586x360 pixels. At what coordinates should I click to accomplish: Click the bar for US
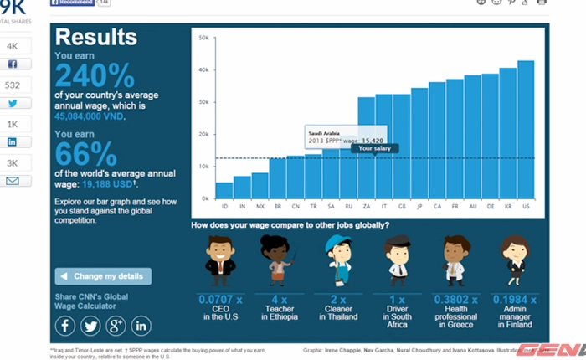[x=526, y=129]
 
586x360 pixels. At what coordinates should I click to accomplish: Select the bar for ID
[x=224, y=190]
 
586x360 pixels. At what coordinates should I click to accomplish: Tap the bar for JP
[x=419, y=142]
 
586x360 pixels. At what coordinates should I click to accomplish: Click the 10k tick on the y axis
[x=203, y=167]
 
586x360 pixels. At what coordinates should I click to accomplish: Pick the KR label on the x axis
[x=508, y=205]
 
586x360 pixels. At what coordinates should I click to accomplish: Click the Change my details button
[x=104, y=276]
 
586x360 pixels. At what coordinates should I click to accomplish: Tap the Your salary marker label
[x=374, y=148]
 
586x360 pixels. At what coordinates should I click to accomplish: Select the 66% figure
[x=85, y=154]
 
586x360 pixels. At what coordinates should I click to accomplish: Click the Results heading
[x=95, y=37]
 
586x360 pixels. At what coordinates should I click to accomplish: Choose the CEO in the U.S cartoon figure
[x=220, y=260]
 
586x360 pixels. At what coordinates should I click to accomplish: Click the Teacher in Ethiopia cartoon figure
[x=277, y=260]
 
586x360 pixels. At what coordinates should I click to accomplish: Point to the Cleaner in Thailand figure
[x=337, y=260]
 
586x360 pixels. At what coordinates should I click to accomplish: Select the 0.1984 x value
[x=513, y=299]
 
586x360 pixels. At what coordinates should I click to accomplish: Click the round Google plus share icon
[x=116, y=326]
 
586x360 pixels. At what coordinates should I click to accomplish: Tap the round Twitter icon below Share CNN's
[x=90, y=326]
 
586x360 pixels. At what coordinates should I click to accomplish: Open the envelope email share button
[x=13, y=181]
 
